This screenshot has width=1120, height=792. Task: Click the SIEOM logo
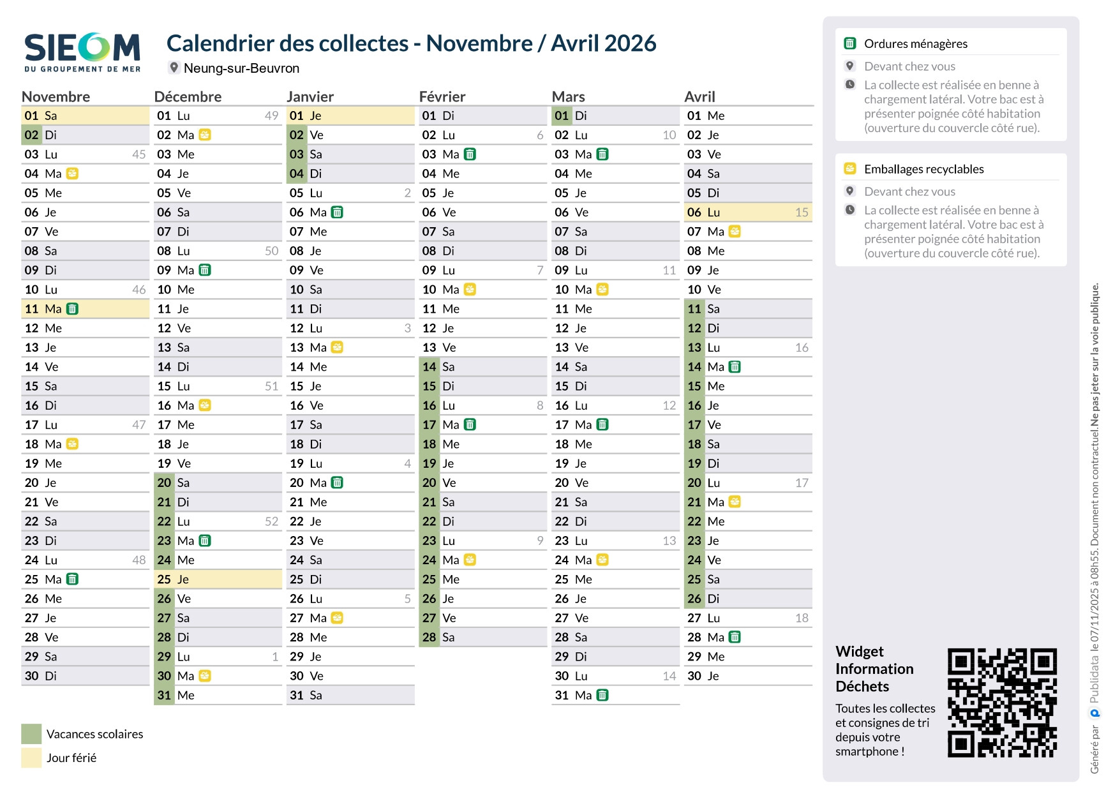[82, 52]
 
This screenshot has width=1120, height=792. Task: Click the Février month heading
[442, 96]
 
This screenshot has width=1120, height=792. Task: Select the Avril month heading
[699, 96]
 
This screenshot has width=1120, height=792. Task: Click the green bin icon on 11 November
[73, 309]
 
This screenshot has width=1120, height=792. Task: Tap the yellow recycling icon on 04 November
[73, 174]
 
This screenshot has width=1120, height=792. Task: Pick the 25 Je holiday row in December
[217, 579]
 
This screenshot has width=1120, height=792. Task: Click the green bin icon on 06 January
[338, 213]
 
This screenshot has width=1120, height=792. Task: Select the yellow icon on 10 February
[470, 290]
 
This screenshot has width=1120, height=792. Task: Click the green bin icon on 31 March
[602, 695]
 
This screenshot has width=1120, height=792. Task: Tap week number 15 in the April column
[802, 213]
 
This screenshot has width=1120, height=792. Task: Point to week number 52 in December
[271, 521]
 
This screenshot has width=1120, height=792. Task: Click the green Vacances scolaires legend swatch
[31, 734]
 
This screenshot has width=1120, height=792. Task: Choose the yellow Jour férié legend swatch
[31, 758]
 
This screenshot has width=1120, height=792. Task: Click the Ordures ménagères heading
[915, 43]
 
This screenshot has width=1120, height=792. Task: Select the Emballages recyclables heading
[923, 169]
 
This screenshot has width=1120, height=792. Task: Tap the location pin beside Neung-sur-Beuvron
[174, 67]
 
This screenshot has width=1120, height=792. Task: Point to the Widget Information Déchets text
[874, 669]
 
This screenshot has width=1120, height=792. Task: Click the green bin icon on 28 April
[735, 637]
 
